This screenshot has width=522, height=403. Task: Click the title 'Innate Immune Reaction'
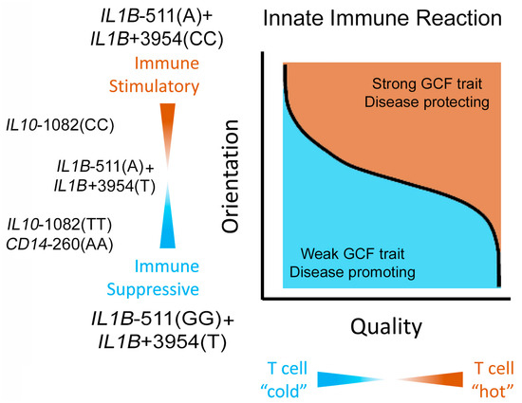[382, 18]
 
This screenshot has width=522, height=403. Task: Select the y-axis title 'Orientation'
[231, 176]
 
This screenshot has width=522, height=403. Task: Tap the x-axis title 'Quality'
[386, 327]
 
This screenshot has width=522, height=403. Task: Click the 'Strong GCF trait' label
[427, 83]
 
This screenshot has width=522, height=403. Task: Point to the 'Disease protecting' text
[427, 101]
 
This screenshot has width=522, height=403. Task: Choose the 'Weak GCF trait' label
[352, 254]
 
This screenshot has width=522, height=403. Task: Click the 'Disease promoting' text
[352, 272]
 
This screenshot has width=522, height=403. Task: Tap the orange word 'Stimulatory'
[154, 86]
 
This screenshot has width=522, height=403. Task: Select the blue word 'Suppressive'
[153, 289]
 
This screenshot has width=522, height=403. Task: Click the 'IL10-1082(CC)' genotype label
[60, 125]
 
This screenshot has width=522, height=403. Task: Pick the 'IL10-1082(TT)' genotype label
[60, 225]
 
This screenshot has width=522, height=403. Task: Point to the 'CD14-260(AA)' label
[60, 245]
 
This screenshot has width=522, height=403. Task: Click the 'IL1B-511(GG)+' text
[163, 320]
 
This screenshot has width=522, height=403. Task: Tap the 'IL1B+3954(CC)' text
[157, 39]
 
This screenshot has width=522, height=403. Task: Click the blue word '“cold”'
[284, 392]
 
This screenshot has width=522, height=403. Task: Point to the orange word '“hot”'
[493, 392]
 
